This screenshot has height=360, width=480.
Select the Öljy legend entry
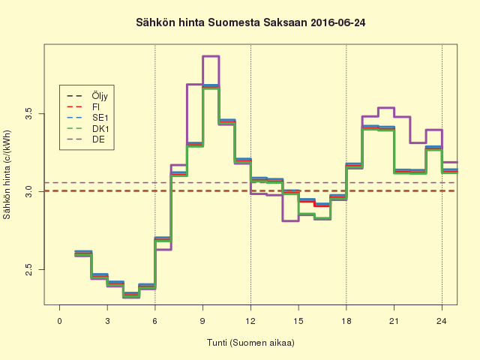pos(100,96)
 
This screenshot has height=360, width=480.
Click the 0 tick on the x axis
pos(60,322)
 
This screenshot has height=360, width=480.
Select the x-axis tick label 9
pos(202,322)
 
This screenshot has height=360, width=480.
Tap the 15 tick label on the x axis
pos(298,322)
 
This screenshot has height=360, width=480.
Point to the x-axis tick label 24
pos(442,322)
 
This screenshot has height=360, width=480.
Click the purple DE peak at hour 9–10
pos(211,56)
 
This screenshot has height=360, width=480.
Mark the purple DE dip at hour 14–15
pos(290,220)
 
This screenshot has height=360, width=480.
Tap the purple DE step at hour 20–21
pos(386,108)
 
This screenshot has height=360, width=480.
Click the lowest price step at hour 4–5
pos(130,295)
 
